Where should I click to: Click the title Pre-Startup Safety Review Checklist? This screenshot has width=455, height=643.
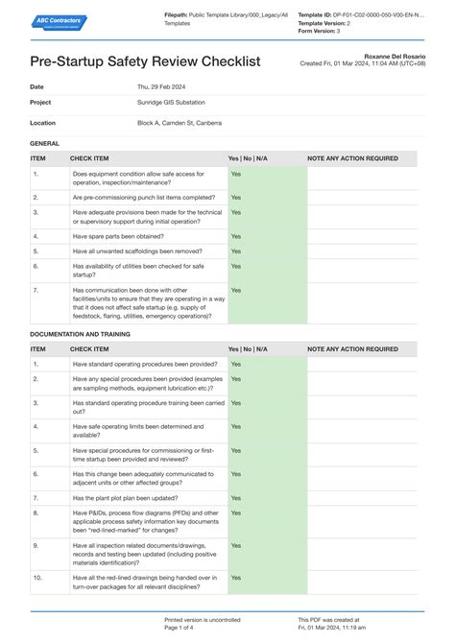pos(145,62)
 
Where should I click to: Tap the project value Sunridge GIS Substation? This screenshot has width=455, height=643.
pos(171,102)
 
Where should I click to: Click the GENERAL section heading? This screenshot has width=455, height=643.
pos(45,143)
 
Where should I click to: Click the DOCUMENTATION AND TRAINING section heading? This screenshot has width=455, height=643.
pos(80,334)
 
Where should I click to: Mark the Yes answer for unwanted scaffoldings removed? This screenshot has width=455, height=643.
pos(235,250)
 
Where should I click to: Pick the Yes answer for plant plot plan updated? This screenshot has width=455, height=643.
pos(235,498)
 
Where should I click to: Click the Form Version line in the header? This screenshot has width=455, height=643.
pos(326,31)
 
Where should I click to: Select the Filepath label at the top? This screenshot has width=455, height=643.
pos(177,15)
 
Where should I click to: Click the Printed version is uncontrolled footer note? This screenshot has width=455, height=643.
pos(203,620)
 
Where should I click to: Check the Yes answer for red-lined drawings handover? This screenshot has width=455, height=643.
pos(235,578)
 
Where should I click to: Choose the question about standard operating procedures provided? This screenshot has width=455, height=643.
pos(145,365)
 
